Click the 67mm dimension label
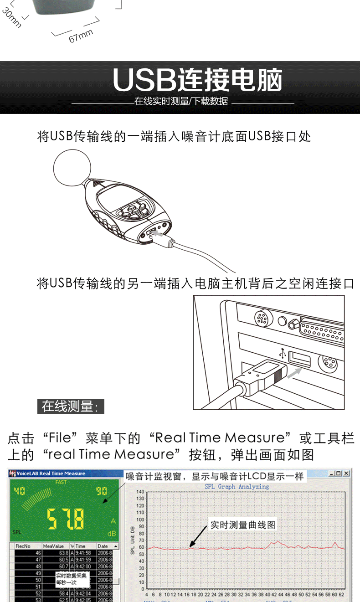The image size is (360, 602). click(x=81, y=36)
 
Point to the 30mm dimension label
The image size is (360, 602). click(x=11, y=18)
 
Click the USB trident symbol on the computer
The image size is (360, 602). click(x=283, y=353)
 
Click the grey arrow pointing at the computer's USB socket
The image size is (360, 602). click(x=294, y=373)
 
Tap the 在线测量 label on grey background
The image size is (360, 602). click(x=71, y=406)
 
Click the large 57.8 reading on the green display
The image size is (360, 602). click(x=66, y=518)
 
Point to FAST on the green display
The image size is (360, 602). click(x=61, y=482)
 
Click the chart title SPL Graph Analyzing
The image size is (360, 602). click(x=237, y=486)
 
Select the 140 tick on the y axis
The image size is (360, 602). click(x=140, y=492)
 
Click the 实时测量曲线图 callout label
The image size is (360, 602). click(x=242, y=525)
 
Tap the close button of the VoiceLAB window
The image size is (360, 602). click(x=346, y=473)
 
